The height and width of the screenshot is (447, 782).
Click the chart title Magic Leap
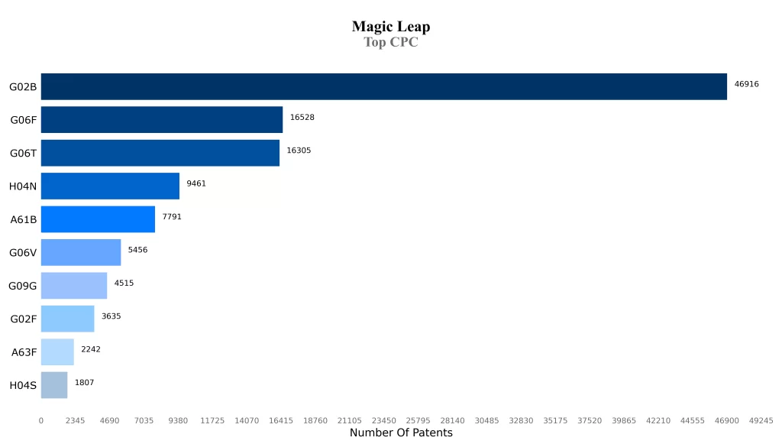391,27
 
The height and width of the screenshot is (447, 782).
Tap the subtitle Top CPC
391,43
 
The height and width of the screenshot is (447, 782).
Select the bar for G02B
383,86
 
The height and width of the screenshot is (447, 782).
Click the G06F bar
161,120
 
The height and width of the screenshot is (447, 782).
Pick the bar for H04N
110,186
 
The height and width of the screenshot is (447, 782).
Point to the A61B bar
98,219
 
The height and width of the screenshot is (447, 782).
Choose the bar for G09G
73,286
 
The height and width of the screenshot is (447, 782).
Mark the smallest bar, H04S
53,385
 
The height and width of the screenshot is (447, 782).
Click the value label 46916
746,84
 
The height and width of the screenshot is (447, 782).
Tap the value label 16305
299,151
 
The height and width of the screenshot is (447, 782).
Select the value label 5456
137,250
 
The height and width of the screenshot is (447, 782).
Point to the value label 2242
90,349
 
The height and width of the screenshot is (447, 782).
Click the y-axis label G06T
23,153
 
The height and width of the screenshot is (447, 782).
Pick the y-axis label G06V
23,252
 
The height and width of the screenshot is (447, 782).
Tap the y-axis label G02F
23,319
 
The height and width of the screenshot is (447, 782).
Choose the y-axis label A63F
23,352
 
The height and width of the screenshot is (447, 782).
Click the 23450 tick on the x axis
383,420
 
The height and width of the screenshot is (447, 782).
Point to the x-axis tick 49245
761,420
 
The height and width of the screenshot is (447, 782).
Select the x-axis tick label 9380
178,420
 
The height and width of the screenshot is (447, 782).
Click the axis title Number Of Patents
401,433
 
